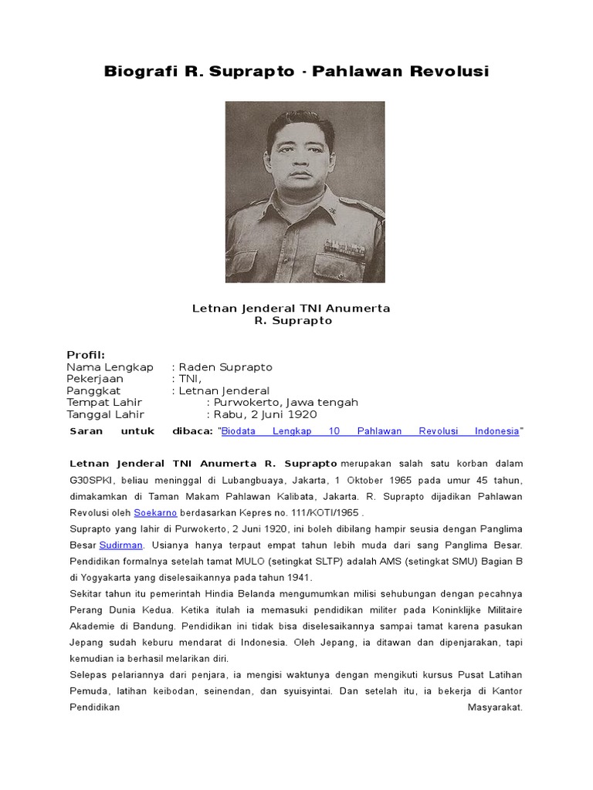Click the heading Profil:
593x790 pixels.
click(x=86, y=355)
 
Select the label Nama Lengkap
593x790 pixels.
click(x=110, y=367)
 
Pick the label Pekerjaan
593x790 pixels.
click(x=95, y=379)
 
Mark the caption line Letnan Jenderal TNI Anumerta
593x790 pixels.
click(x=291, y=309)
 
